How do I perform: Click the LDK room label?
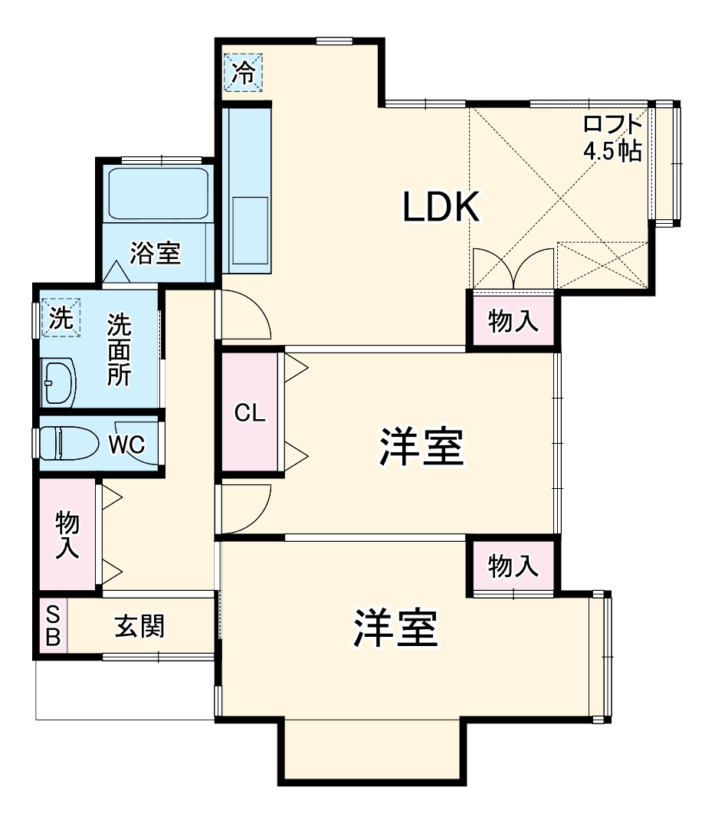coord(441,207)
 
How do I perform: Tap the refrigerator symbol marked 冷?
coord(243,72)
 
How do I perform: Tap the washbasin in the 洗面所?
coord(58,380)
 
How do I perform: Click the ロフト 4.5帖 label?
coord(612,136)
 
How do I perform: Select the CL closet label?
coord(250,414)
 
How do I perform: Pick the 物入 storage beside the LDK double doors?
coord(513,322)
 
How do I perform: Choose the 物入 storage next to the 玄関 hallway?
coord(67,535)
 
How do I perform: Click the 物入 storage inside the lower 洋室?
coord(513,567)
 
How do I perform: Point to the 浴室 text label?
coord(155,253)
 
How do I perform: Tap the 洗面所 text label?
coord(119,349)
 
